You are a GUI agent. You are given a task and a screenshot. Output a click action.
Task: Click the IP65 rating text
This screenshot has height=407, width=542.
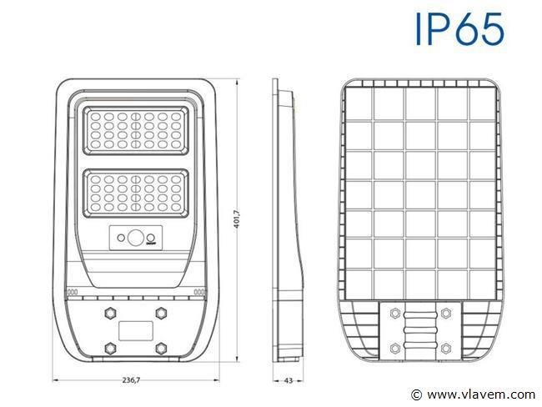459,29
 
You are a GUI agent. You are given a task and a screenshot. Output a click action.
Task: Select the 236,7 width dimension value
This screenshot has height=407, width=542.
132,380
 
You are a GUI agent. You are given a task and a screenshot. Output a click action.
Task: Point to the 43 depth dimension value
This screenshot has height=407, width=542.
288,380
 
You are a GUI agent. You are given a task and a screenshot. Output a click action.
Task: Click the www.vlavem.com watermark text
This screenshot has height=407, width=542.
481,394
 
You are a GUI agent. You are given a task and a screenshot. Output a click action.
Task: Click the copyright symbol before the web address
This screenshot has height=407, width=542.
417,394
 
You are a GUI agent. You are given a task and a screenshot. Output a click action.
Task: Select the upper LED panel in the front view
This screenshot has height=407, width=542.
136,130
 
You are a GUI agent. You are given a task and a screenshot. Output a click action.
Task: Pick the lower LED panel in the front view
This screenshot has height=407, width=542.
136,193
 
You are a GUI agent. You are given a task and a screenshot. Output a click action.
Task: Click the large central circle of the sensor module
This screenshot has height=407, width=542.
136,238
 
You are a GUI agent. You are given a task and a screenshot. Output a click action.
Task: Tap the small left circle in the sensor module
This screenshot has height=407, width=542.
121,238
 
